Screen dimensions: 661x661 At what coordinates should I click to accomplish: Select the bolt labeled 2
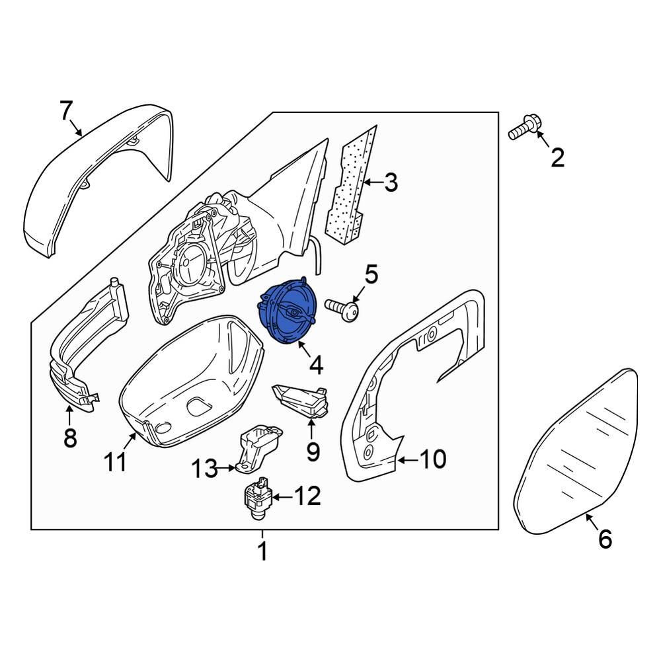coord(523,129)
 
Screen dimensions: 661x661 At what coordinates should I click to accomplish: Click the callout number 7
coord(65,111)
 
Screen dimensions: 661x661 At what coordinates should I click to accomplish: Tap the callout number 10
coord(434,458)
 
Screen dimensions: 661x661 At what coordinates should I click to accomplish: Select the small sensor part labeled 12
coord(256,499)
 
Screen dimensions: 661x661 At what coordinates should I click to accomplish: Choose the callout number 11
coord(116,463)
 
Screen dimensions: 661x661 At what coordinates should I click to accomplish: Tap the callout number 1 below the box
coord(262,551)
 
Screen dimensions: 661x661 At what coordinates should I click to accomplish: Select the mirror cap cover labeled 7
coord(99,178)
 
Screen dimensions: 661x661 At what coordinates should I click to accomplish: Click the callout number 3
coord(391,182)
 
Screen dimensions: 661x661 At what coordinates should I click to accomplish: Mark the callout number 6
coord(605,539)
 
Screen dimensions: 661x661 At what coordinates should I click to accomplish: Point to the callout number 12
coord(307,496)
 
